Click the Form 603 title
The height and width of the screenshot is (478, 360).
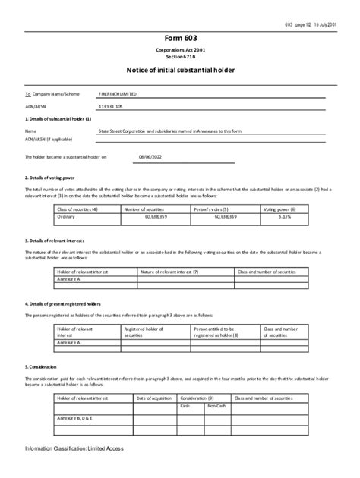pos(180,38)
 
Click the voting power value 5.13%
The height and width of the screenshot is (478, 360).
pos(285,215)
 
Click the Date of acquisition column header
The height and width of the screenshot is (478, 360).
pos(155,398)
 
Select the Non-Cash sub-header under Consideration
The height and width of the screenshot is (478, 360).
pos(216,406)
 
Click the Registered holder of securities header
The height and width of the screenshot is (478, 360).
pos(143,332)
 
